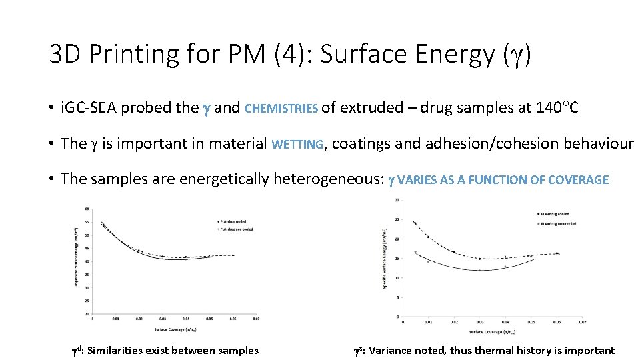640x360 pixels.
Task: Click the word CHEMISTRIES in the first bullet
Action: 282,108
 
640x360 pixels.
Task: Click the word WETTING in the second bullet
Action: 297,144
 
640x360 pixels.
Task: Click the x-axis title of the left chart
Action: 175,329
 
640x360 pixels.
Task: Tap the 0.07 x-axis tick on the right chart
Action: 581,323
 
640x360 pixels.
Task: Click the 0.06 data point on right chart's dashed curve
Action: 557,253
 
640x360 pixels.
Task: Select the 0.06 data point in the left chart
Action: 233,255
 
